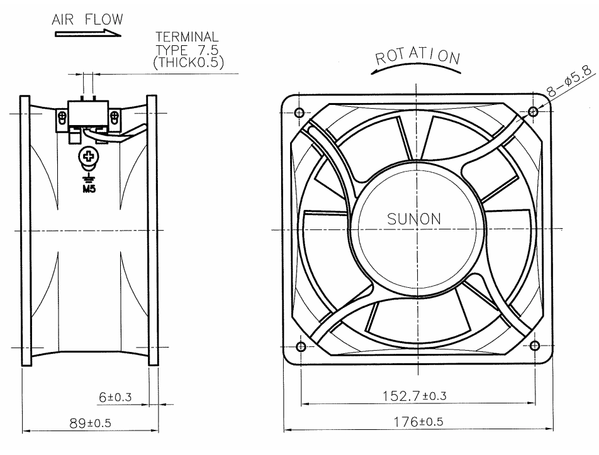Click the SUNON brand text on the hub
coord(414,219)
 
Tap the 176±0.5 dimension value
coord(418,422)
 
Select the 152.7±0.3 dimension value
coord(415,395)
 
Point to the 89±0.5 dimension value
coord(90,423)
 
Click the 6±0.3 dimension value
coord(115,397)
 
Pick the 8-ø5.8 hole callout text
coord(569,80)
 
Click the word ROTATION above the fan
coord(418,57)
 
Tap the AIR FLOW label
coord(87,19)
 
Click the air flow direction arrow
coord(88,33)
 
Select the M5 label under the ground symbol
coord(89,189)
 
